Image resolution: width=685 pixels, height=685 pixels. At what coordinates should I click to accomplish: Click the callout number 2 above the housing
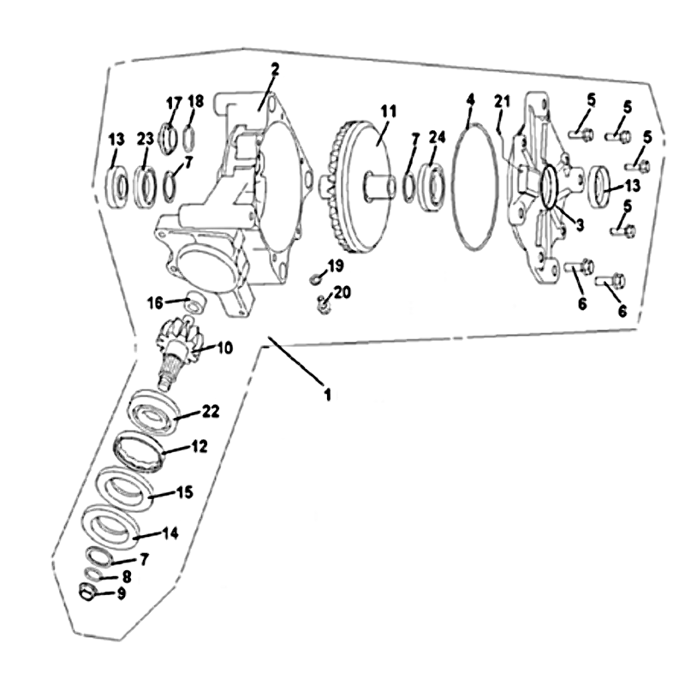[x=274, y=69]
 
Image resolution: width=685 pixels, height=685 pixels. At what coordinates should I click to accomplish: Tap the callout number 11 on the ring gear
[x=389, y=111]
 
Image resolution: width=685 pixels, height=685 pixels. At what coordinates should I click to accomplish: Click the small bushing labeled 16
[x=194, y=302]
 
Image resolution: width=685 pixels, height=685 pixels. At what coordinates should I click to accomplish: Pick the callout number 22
[x=210, y=411]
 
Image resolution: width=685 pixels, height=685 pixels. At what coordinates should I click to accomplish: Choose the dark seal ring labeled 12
[x=140, y=453]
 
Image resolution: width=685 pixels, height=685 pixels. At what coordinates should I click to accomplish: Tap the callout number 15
[x=184, y=491]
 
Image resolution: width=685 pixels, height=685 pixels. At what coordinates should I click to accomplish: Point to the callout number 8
[x=126, y=576]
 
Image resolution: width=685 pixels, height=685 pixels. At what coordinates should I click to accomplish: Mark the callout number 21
[x=502, y=102]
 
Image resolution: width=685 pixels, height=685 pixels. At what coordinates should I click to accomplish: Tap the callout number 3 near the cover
[x=580, y=225]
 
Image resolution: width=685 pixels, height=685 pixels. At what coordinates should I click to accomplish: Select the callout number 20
[x=342, y=292]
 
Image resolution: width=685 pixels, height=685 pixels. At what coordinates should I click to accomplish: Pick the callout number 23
[x=146, y=139]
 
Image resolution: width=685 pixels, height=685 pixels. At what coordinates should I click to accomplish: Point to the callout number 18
[x=195, y=101]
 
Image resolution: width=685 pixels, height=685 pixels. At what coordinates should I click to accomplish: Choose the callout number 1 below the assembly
[x=327, y=395]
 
